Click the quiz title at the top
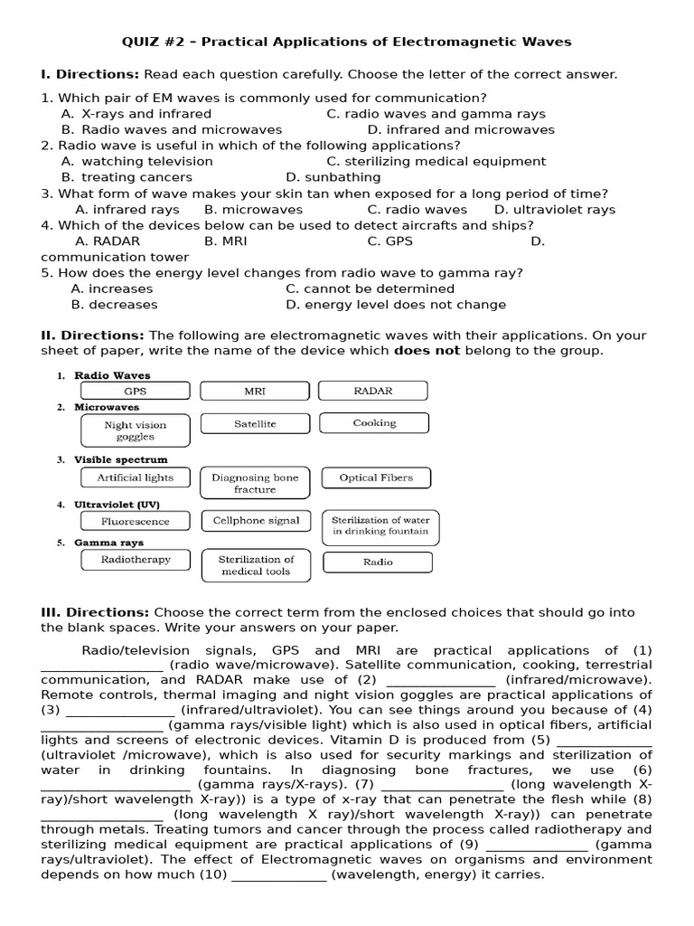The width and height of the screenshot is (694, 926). pos(347,42)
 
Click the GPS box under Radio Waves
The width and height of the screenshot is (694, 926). pos(136,392)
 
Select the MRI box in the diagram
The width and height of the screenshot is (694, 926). pos(255,392)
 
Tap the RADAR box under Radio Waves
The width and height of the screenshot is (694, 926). pos(374,391)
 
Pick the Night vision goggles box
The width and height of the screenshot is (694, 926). pos(136,430)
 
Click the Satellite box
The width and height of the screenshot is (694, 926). pos(255,423)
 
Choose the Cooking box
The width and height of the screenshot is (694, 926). pos(374,423)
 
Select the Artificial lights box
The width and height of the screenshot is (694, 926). pos(136,477)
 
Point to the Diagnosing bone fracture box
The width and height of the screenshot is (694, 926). pos(255,483)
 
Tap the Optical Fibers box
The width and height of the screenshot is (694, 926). pos(376,477)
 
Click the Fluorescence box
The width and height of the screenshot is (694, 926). pos(136,521)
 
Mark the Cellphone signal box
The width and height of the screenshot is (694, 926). pos(255,521)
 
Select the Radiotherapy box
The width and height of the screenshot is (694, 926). pos(136,560)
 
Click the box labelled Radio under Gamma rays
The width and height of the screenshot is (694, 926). pos(378,562)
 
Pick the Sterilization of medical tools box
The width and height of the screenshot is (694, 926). pos(255,565)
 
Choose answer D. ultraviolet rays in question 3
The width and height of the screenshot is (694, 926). pos(554,210)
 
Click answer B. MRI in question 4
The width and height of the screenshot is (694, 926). pos(225,241)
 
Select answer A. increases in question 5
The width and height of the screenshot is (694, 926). pos(112,288)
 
